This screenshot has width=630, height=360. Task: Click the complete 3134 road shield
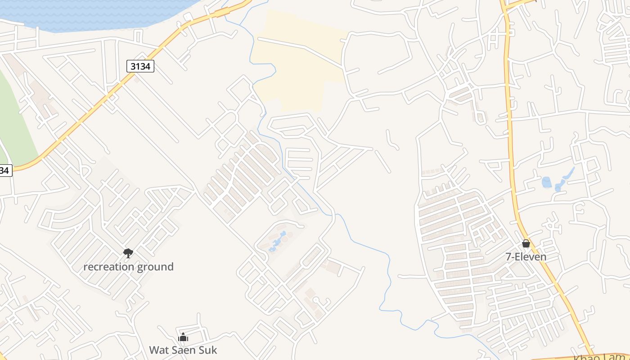click(140, 67)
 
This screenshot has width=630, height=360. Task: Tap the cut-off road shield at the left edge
click(4, 171)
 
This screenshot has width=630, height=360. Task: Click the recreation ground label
click(128, 267)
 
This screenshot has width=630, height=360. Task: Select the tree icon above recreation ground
click(128, 253)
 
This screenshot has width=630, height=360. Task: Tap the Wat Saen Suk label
click(183, 350)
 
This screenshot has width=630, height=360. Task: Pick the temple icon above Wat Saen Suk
click(183, 337)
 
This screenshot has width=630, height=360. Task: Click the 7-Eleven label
click(526, 257)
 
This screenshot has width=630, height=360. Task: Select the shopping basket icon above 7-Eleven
click(526, 243)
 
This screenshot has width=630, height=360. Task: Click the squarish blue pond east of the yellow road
click(546, 182)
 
